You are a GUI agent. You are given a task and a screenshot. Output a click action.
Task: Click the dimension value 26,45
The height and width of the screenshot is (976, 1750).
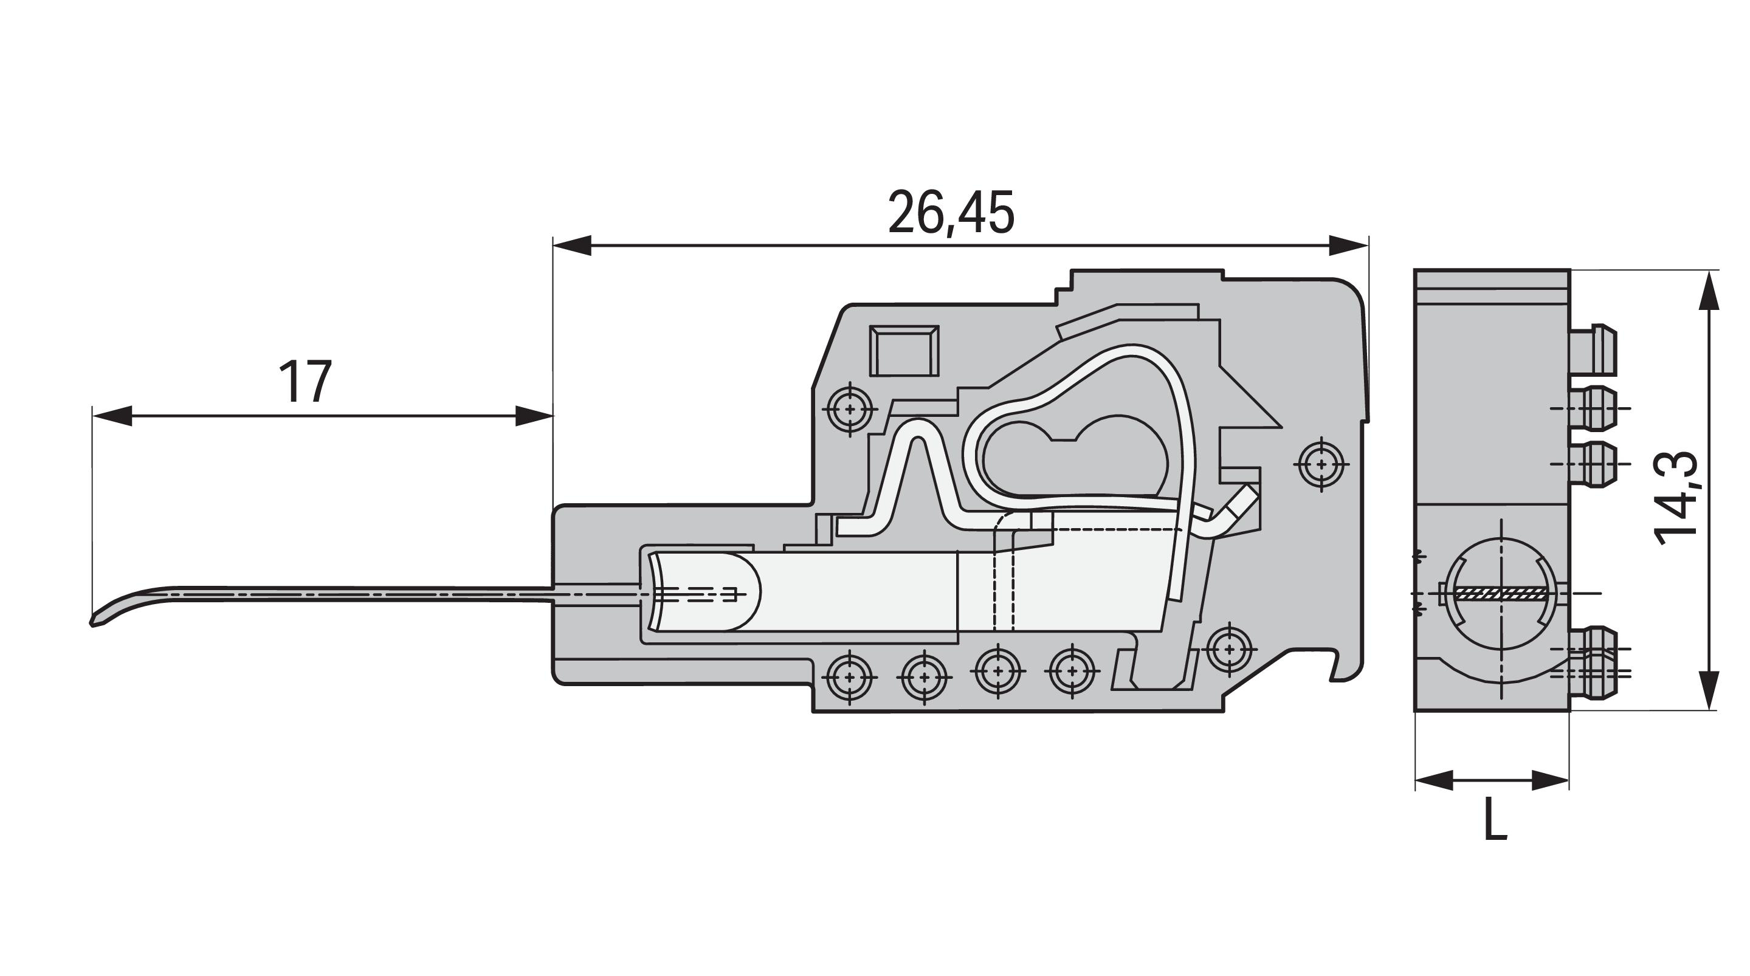[x=951, y=213]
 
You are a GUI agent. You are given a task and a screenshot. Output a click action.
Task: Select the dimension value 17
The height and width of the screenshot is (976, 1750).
[x=305, y=382]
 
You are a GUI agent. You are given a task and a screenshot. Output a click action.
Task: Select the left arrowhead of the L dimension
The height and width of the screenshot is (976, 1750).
[x=1434, y=780]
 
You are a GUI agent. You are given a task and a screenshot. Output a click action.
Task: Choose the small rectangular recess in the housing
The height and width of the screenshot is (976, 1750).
[x=904, y=351]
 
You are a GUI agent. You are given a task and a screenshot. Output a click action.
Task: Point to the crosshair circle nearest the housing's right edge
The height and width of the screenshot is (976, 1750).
[x=1321, y=464]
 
